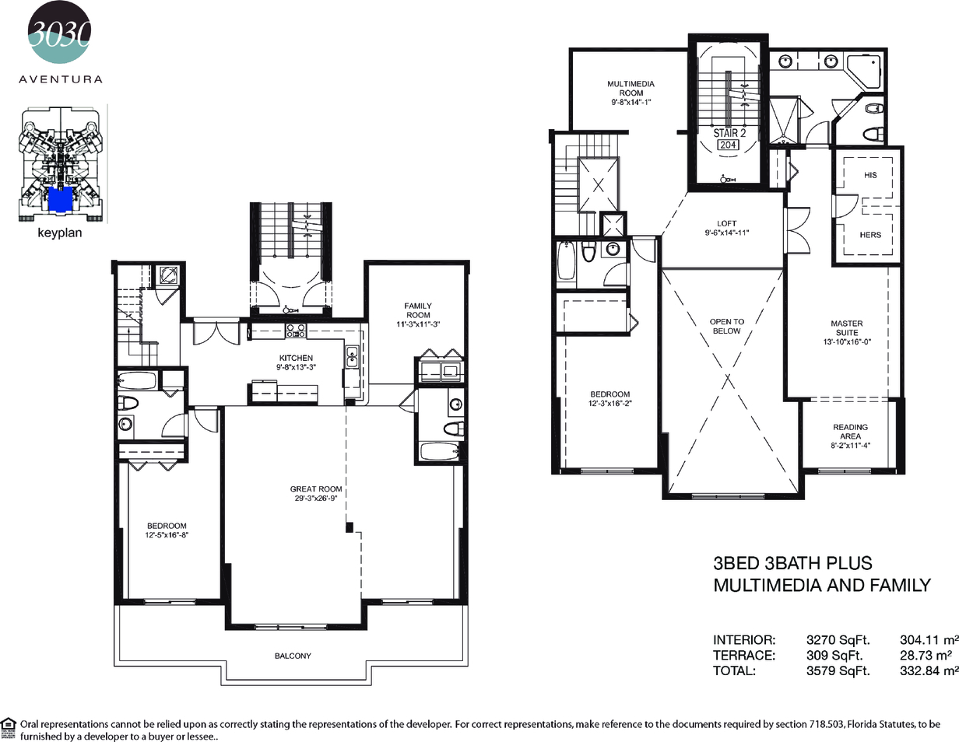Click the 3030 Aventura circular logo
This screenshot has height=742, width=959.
(x=60, y=32)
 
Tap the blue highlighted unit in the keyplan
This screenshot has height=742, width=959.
(x=60, y=199)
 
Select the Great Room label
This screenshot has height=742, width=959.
(x=316, y=489)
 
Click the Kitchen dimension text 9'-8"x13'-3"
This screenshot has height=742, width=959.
(x=296, y=367)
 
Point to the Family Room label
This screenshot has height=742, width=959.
(x=418, y=310)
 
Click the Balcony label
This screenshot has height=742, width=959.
(x=293, y=656)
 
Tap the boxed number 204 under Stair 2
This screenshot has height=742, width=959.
(x=728, y=145)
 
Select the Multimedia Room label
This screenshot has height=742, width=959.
(x=631, y=88)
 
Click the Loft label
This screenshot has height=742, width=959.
(x=727, y=223)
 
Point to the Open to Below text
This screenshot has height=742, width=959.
(x=727, y=326)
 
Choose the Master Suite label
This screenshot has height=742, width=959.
(x=847, y=328)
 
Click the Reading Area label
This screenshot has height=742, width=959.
(x=851, y=432)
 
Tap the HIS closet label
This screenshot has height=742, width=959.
(x=870, y=176)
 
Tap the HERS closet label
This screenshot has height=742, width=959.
(x=870, y=235)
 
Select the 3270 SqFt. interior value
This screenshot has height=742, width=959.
(x=838, y=639)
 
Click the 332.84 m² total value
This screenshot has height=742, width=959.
(x=929, y=670)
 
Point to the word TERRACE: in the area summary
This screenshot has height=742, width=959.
(x=744, y=655)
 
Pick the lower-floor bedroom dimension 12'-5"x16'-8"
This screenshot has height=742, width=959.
(x=167, y=535)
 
